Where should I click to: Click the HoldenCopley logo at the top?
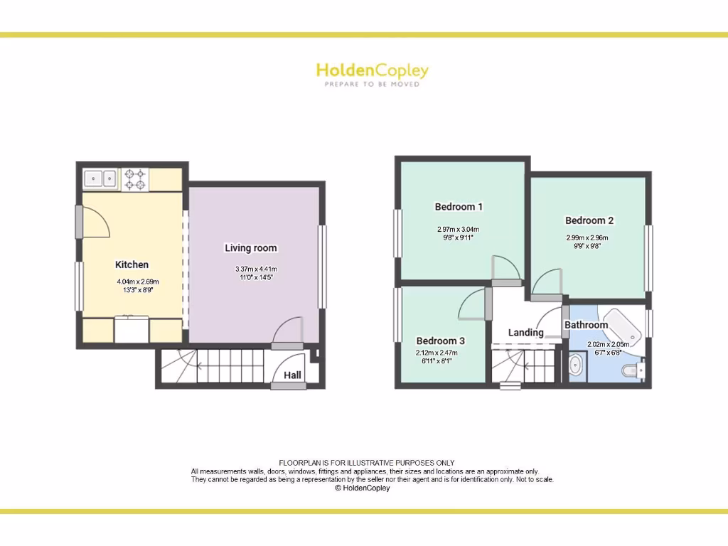click(x=372, y=70)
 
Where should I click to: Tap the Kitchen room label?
click(x=132, y=264)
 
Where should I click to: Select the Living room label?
click(x=251, y=248)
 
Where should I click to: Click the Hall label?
click(x=292, y=375)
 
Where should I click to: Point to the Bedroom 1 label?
click(x=459, y=207)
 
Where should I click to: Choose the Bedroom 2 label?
click(x=589, y=220)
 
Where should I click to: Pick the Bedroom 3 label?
click(x=441, y=341)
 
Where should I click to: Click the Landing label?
click(x=526, y=333)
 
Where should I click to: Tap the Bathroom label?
click(x=587, y=325)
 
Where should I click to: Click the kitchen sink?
click(x=100, y=178)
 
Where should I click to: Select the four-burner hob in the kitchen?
click(x=136, y=178)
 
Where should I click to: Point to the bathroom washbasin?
click(x=577, y=367)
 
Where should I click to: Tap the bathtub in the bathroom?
click(x=623, y=327)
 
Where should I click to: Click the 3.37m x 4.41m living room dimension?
click(x=256, y=269)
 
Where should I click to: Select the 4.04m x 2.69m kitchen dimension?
click(x=138, y=282)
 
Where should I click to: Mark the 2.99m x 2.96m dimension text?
click(x=587, y=238)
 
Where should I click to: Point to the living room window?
click(x=322, y=267)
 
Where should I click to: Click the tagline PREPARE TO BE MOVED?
click(x=372, y=84)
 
